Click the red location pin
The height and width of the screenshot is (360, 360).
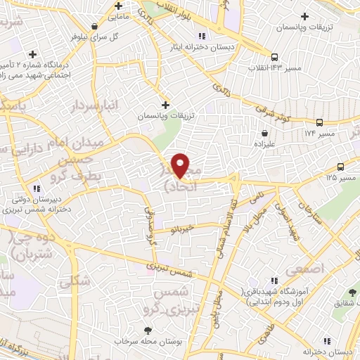click(181, 166)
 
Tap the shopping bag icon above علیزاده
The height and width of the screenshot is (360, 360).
click(264, 133)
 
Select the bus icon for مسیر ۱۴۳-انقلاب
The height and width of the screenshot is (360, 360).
click(274, 58)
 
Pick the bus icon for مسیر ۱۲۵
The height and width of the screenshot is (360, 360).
click(341, 167)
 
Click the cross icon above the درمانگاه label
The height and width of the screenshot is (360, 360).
click(32, 54)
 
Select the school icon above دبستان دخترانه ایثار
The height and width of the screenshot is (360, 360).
click(202, 36)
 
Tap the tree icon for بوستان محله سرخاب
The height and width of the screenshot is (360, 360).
click(147, 330)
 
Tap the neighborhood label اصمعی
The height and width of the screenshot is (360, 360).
click(323, 268)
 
